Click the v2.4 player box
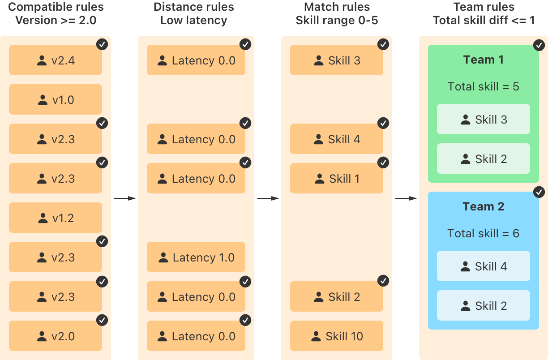(56, 60)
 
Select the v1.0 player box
(56, 100)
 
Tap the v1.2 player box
(56, 218)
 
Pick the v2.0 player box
(56, 336)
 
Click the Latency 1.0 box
(196, 257)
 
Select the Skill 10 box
(337, 336)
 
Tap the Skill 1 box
(337, 179)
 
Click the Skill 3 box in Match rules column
(337, 60)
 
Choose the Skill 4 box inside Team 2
(484, 266)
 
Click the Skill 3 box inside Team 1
(484, 120)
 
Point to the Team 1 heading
(484, 60)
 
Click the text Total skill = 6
(484, 233)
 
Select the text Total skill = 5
(484, 86)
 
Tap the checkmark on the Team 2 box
(539, 192)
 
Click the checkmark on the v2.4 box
(102, 44)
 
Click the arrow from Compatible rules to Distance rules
(124, 198)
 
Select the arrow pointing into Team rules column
(406, 198)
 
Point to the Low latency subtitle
(193, 21)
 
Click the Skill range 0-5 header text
(337, 21)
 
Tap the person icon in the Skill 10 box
(316, 336)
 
